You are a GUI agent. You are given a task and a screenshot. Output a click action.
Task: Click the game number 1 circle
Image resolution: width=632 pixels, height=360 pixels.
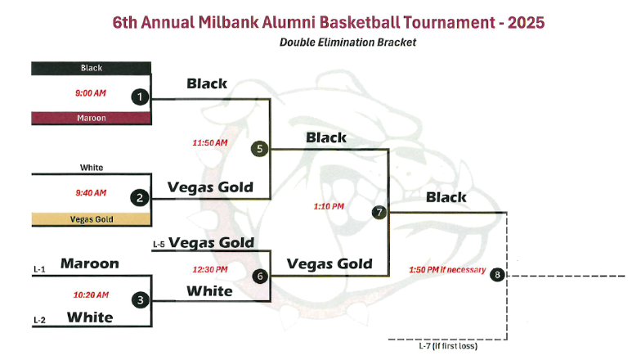pyautogui.click(x=140, y=97)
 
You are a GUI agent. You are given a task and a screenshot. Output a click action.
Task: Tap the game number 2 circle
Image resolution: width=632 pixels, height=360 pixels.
pyautogui.click(x=140, y=198)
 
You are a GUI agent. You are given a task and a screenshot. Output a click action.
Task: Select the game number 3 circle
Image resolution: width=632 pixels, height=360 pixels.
pyautogui.click(x=141, y=300)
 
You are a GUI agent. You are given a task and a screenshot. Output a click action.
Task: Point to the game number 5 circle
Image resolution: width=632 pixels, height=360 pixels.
pyautogui.click(x=259, y=149)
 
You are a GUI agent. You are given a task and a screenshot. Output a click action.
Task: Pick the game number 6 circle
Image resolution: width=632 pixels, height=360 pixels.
pyautogui.click(x=260, y=277)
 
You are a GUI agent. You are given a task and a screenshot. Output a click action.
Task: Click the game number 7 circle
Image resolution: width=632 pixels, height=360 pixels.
pyautogui.click(x=379, y=212)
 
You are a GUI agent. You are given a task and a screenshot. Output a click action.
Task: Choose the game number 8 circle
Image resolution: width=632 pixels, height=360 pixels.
pyautogui.click(x=497, y=275)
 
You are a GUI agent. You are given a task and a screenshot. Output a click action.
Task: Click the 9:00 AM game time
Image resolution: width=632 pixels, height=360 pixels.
pyautogui.click(x=91, y=93)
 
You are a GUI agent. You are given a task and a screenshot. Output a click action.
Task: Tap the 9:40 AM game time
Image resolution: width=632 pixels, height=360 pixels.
pyautogui.click(x=91, y=193)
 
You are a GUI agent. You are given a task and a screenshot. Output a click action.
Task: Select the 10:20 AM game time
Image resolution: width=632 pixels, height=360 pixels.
pyautogui.click(x=91, y=295)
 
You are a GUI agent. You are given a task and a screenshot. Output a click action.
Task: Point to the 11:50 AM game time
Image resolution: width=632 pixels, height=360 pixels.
pyautogui.click(x=210, y=142)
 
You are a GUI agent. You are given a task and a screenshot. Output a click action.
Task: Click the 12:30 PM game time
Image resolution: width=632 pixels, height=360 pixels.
pyautogui.click(x=210, y=269)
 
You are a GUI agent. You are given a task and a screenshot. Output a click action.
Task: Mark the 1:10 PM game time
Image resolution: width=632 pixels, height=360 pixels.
pyautogui.click(x=329, y=206)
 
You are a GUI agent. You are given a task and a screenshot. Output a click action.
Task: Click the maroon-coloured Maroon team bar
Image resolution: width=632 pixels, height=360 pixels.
pyautogui.click(x=91, y=118)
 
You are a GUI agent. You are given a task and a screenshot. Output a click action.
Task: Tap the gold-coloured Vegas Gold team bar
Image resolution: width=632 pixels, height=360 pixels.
pyautogui.click(x=91, y=219)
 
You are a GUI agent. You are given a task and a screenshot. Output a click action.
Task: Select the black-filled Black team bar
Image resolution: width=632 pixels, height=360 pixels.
pyautogui.click(x=91, y=68)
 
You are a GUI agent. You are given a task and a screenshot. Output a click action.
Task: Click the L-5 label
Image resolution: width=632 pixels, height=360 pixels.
pyautogui.click(x=159, y=245)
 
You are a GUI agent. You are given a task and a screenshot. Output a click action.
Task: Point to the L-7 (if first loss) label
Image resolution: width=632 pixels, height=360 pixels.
pyautogui.click(x=448, y=346)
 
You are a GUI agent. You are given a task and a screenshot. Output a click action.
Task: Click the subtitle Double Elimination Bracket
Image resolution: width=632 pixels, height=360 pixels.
pyautogui.click(x=347, y=43)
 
